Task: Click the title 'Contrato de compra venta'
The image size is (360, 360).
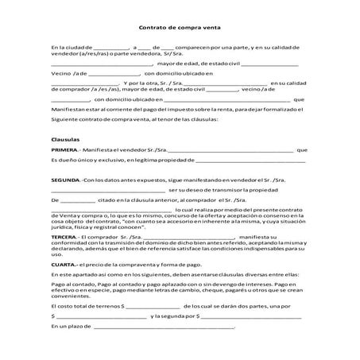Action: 179,26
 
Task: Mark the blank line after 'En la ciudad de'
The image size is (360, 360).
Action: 110,48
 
